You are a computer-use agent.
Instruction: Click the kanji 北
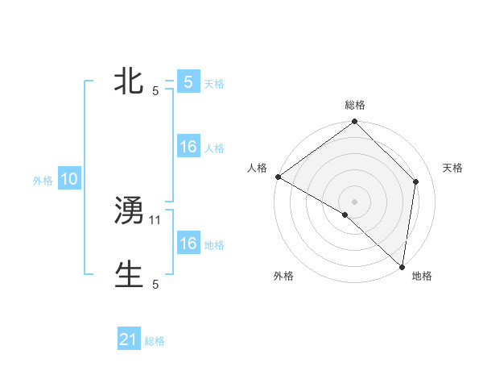pos(130,81)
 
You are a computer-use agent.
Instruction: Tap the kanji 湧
pos(130,211)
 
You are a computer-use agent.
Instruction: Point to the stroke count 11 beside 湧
pos(156,219)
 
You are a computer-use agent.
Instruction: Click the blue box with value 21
pos(129,340)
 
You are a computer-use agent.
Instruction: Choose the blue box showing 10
pos(69,180)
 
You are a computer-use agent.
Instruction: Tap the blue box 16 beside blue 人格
pos(188,148)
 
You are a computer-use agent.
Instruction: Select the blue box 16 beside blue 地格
pos(188,244)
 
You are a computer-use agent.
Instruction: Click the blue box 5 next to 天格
pos(188,82)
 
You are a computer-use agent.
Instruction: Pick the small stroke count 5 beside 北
pos(155,91)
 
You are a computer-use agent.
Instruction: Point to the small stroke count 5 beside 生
pos(155,285)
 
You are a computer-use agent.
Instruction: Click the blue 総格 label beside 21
pos(155,342)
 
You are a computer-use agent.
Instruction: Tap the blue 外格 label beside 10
pos(43,181)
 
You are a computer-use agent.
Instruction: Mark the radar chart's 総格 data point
pos(354,123)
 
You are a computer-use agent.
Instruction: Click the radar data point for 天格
pos(416,181)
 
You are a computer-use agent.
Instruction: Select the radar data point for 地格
pos(401,266)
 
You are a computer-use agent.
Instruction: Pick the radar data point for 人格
pos(278,177)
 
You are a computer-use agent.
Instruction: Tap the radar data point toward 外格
pos(345,214)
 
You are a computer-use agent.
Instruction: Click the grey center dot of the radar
pos(354,202)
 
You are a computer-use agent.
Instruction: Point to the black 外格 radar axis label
pos(283,276)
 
